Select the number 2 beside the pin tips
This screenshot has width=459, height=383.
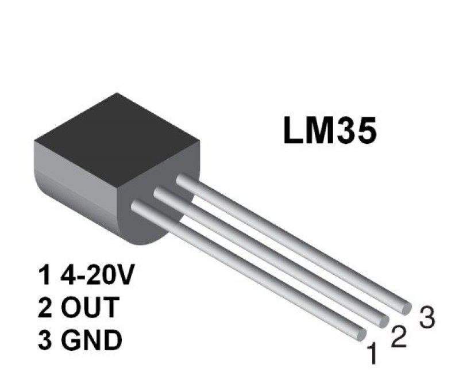(399, 335)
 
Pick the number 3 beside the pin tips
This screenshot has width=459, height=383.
(426, 317)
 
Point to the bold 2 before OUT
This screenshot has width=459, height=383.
(45, 308)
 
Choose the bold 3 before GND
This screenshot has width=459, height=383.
(45, 340)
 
